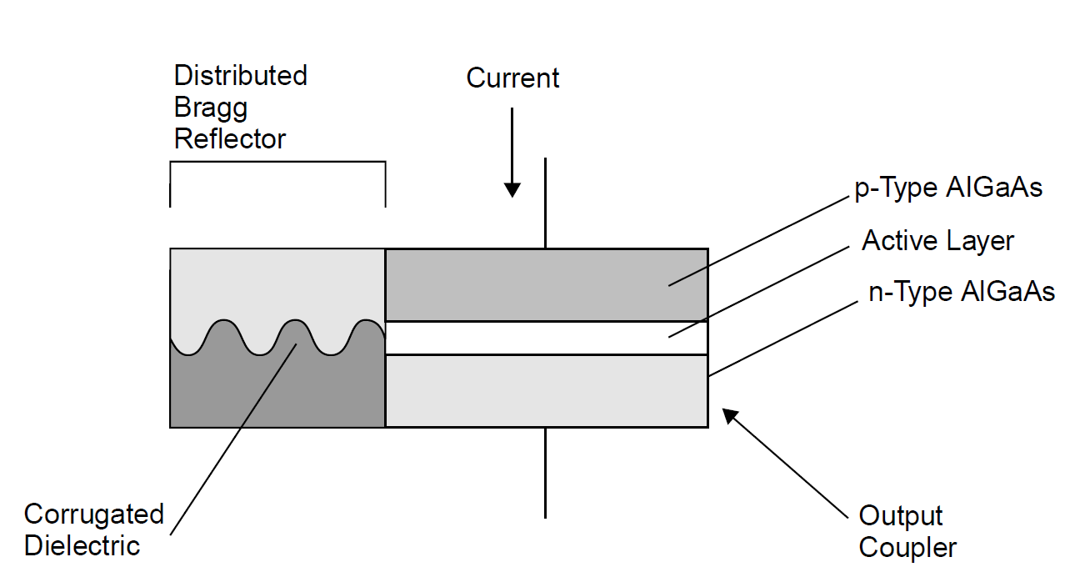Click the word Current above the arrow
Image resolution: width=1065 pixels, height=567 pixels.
(x=512, y=78)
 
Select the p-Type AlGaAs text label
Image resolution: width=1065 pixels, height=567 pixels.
(x=948, y=188)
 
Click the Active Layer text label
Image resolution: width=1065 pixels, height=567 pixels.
(x=937, y=241)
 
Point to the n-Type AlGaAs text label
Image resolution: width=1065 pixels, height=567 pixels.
(x=962, y=292)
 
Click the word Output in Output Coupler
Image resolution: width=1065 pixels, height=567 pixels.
(x=901, y=515)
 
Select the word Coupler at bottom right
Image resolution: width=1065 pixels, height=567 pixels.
(x=907, y=548)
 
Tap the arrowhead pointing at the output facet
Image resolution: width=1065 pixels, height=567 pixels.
(x=730, y=415)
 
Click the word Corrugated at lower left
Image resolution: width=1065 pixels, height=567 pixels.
(x=94, y=514)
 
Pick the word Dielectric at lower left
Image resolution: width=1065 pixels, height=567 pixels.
(x=82, y=546)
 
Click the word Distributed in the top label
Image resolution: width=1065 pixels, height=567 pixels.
(x=240, y=76)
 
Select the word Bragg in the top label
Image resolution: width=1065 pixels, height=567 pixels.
(x=211, y=108)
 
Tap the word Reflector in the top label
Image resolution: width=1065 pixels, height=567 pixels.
(x=229, y=138)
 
